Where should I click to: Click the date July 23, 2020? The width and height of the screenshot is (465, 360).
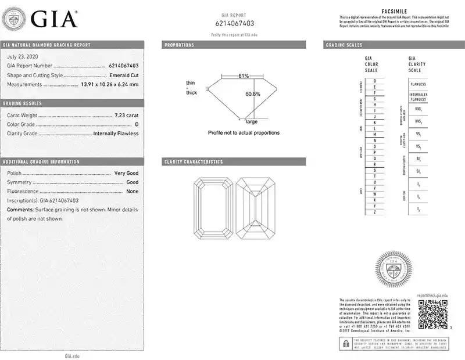point(23,56)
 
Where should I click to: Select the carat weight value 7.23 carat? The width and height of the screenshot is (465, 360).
point(127,115)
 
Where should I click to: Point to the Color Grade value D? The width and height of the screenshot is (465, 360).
point(137,124)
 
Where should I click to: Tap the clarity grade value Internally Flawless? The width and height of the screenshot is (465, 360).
point(116,134)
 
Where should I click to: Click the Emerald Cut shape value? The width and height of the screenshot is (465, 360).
point(124,75)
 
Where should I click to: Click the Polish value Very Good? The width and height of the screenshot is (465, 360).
point(126,173)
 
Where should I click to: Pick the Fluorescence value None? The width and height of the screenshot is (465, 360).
point(133,191)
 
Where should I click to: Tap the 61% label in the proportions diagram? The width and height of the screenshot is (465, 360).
point(243,76)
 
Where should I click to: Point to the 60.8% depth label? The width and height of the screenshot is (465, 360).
point(253,94)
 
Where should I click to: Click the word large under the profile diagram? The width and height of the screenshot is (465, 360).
point(252,121)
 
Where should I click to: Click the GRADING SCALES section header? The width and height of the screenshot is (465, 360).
point(344,45)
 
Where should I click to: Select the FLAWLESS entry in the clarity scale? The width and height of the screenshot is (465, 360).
point(417,84)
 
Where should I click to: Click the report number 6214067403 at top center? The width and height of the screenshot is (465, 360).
point(235,24)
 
